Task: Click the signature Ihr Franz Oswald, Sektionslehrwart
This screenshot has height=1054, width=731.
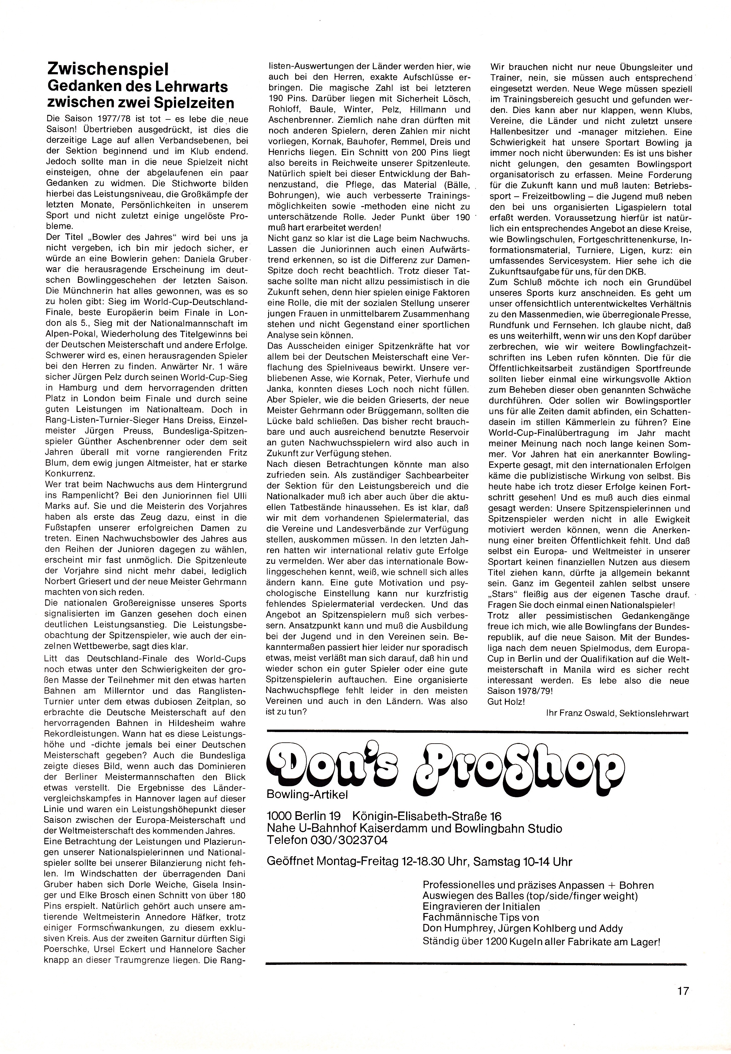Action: (x=617, y=713)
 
